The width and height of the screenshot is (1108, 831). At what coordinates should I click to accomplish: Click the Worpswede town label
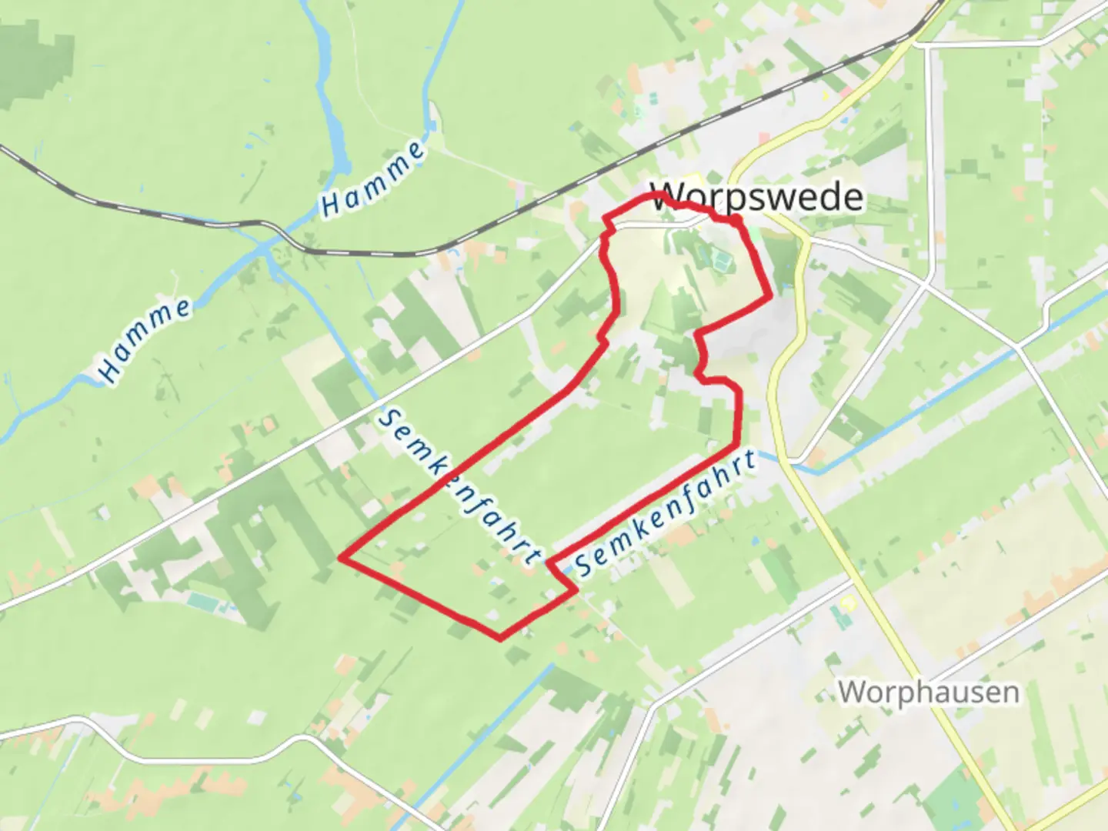[757, 197]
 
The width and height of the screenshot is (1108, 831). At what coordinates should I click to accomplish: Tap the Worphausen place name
[929, 692]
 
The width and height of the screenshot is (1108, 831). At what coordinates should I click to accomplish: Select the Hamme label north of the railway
[373, 179]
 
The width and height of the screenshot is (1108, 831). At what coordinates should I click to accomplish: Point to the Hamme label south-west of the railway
[145, 340]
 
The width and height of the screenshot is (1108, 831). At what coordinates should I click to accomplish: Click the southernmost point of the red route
[500, 638]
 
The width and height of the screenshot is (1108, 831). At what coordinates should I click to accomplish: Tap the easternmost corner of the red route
[769, 295]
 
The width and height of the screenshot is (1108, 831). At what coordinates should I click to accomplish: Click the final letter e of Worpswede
[853, 199]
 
